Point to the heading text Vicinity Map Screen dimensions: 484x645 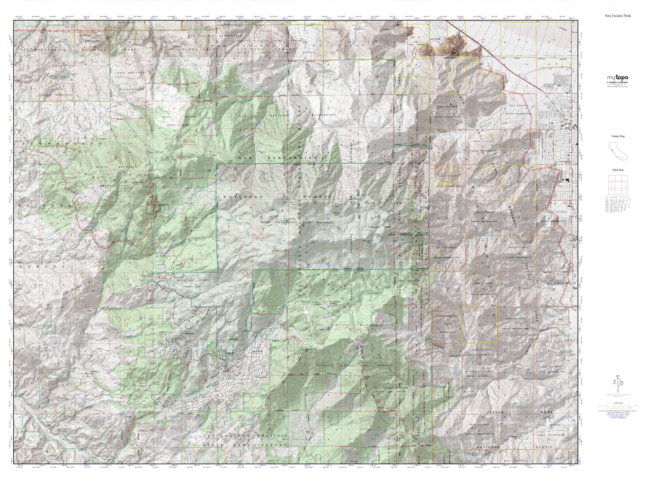click(x=617, y=136)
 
